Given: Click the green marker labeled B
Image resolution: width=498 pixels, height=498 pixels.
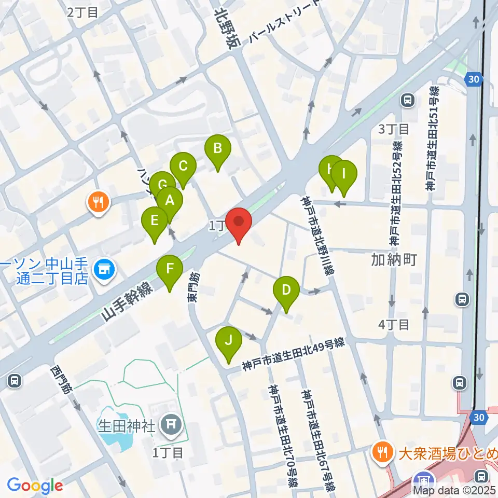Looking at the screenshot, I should pos(218,150).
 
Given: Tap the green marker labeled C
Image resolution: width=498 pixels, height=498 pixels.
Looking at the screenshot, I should pos(183,167).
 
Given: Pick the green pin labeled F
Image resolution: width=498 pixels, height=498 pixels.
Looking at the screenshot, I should pos(170,270).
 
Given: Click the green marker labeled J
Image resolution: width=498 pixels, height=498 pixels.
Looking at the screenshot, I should pos(228,341).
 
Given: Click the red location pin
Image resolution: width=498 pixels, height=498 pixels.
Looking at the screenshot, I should pos(239,223).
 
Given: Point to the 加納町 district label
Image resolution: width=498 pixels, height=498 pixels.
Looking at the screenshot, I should pos(394,259).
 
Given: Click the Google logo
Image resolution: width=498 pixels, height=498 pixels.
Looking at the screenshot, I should pos(35,486).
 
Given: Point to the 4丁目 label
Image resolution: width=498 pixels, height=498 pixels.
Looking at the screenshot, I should pos(394,325).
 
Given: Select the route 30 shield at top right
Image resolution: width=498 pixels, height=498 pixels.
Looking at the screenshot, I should pos(474,79).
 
